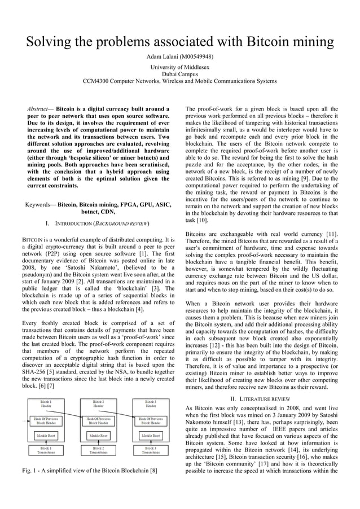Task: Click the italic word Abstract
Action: click(x=41, y=108)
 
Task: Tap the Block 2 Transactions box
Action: click(x=98, y=450)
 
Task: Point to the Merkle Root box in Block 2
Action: click(x=98, y=436)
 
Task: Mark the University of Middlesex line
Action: click(x=180, y=67)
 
